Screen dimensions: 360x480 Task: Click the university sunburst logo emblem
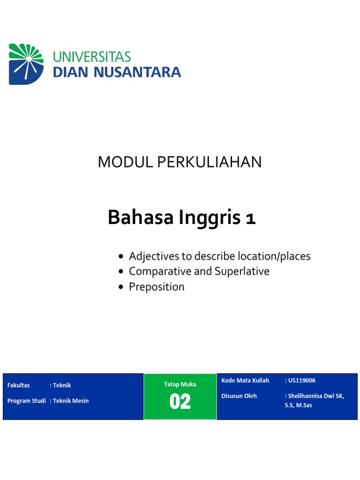point(26,64)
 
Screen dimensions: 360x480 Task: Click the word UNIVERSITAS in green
point(92,57)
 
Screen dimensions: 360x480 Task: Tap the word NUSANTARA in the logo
point(137,72)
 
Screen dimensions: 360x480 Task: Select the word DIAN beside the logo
point(71,72)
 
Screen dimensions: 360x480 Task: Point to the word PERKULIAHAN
point(210,162)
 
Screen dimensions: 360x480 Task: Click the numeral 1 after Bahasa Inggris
point(251,218)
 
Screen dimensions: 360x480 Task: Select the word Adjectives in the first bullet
point(154,256)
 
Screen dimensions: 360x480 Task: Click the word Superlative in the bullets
point(242,271)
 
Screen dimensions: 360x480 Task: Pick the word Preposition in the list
point(157,287)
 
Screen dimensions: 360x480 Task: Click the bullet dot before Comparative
point(121,271)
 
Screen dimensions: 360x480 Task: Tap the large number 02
point(180,401)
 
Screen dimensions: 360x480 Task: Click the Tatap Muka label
point(180,384)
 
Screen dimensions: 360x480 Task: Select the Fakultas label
point(19,385)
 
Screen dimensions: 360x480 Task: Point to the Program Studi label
point(27,401)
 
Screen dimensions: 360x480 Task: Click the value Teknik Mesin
point(71,401)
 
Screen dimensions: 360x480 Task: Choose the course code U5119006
point(301,381)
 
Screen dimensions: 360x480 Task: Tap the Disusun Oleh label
point(239,396)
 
